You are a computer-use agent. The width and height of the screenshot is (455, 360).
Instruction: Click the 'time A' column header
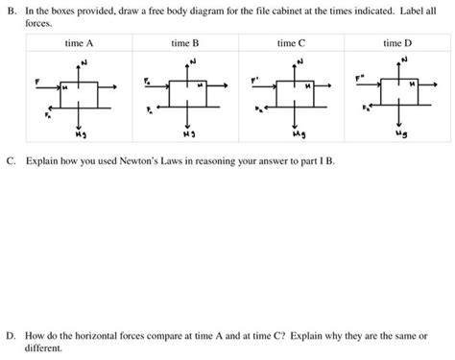tap(80, 43)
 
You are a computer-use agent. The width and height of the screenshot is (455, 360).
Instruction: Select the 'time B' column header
tap(185, 43)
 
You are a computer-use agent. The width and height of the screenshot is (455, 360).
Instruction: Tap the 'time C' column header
tap(292, 43)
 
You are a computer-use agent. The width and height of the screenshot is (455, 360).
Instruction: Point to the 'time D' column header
tap(396, 43)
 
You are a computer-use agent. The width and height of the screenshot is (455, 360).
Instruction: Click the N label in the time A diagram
tap(85, 62)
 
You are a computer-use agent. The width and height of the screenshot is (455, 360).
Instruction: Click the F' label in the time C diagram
tap(254, 80)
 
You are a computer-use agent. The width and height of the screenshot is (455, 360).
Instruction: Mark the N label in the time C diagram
tap(300, 62)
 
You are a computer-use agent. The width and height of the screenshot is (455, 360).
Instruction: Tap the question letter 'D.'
tap(10, 338)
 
